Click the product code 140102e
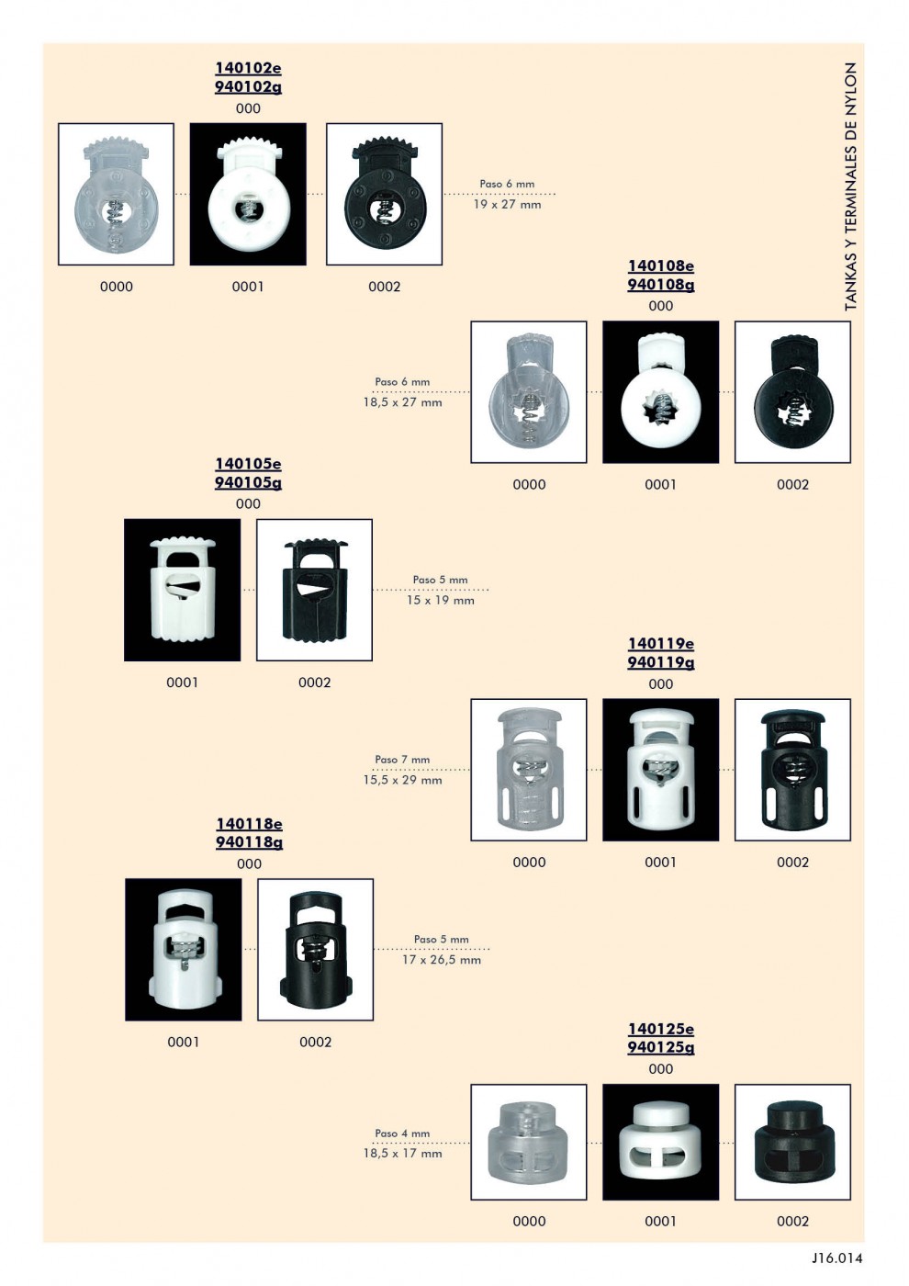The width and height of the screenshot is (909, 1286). pos(248,68)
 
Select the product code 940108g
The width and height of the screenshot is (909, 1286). pos(660,285)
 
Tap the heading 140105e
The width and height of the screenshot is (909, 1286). pos(248,463)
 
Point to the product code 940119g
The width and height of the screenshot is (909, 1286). pos(660,662)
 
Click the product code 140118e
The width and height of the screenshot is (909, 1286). pos(249,824)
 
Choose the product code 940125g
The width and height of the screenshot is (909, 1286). pos(660,1048)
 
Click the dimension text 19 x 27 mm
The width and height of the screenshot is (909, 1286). pos(507,204)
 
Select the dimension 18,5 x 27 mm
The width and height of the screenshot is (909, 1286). pos(402,402)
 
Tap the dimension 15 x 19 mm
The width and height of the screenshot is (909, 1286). pos(441,601)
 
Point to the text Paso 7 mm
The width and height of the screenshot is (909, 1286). pos(402,760)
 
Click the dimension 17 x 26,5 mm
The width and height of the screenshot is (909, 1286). pos(442,960)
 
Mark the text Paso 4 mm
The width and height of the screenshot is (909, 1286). pos(402,1134)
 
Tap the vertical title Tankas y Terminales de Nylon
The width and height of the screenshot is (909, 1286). pos(850,187)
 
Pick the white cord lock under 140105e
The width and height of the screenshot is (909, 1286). pos(183,589)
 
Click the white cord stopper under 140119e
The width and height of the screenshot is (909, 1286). pos(660,770)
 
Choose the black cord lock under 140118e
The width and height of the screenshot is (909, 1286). pos(315,951)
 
